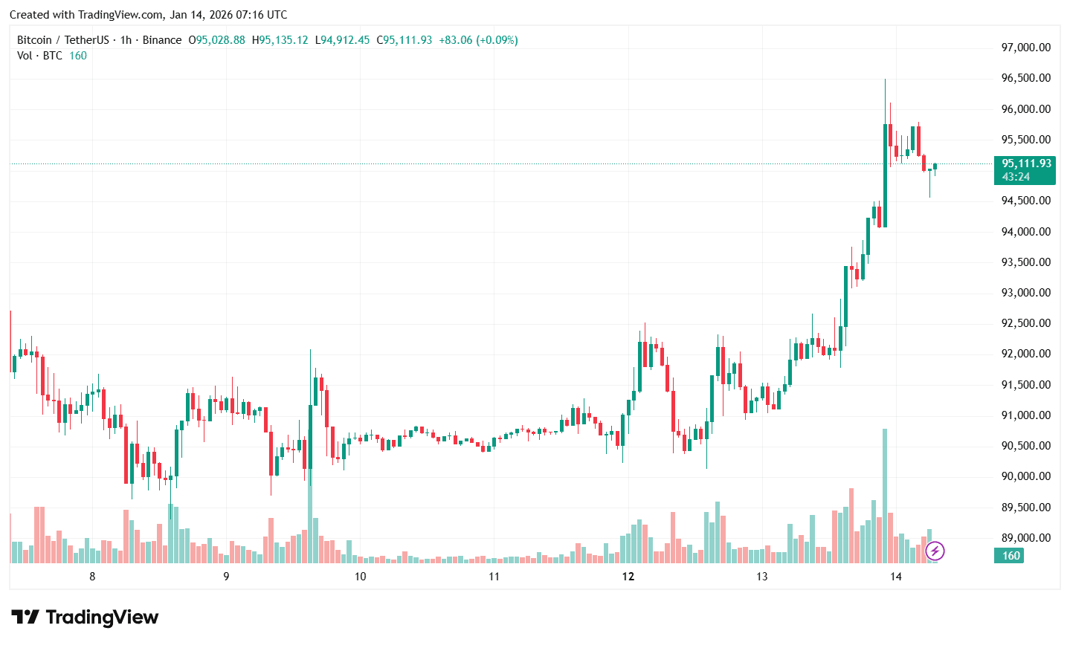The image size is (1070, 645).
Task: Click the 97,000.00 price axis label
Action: click(x=1026, y=48)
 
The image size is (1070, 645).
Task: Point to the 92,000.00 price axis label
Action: click(x=1026, y=354)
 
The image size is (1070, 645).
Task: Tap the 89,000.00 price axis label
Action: click(x=1026, y=538)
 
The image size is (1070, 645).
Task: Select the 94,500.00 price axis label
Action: click(x=1026, y=201)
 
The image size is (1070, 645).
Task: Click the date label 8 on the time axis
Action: click(x=92, y=577)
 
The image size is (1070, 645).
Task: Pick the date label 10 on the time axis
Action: click(x=360, y=577)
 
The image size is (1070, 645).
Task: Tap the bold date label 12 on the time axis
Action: click(x=628, y=577)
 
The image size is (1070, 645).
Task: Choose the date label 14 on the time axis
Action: click(x=896, y=577)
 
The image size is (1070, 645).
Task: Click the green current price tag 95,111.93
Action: click(x=1026, y=163)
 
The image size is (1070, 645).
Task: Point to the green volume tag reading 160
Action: click(x=1011, y=556)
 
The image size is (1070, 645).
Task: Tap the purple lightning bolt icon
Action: click(x=935, y=551)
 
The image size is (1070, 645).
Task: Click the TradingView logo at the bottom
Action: click(x=85, y=618)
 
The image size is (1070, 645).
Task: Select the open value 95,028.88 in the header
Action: click(x=220, y=40)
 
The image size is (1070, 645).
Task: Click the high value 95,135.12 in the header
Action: click(x=283, y=40)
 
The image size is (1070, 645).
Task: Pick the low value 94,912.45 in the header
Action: click(x=345, y=40)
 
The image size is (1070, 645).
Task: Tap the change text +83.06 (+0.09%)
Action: click(x=478, y=40)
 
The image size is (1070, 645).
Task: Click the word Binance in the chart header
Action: click(x=162, y=40)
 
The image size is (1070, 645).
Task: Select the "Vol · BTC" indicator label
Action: click(x=40, y=56)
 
